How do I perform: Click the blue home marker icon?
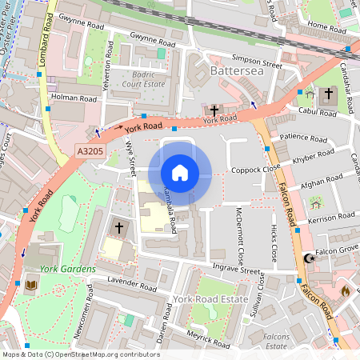tap(180, 173)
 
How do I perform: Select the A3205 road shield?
tap(90, 150)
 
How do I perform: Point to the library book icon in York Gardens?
tap(31, 285)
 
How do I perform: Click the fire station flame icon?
tap(346, 290)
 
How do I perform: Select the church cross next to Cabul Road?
tap(328, 95)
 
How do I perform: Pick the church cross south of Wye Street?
tap(119, 228)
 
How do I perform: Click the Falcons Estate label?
tap(277, 342)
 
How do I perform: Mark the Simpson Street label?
tap(257, 58)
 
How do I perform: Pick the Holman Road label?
tap(74, 98)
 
